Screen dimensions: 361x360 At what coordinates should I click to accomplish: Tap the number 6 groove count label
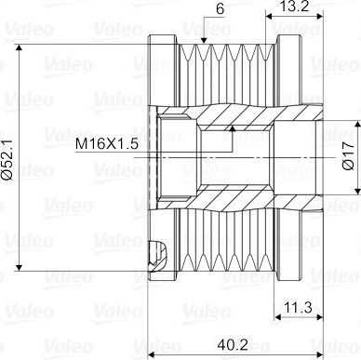pyautogui.click(x=220, y=9)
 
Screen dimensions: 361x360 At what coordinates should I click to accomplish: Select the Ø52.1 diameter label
pyautogui.click(x=7, y=159)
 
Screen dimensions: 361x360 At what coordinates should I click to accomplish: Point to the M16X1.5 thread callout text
pyautogui.click(x=107, y=144)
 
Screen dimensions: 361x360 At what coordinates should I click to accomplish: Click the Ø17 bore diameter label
pyautogui.click(x=349, y=156)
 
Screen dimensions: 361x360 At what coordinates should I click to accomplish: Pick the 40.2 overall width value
pyautogui.click(x=233, y=345)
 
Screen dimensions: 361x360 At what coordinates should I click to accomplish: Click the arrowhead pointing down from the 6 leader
pyautogui.click(x=204, y=41)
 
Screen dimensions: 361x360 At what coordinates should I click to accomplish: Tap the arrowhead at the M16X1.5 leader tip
pyautogui.click(x=232, y=128)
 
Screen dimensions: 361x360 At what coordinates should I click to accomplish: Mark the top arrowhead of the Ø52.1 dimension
pyautogui.click(x=20, y=47)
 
